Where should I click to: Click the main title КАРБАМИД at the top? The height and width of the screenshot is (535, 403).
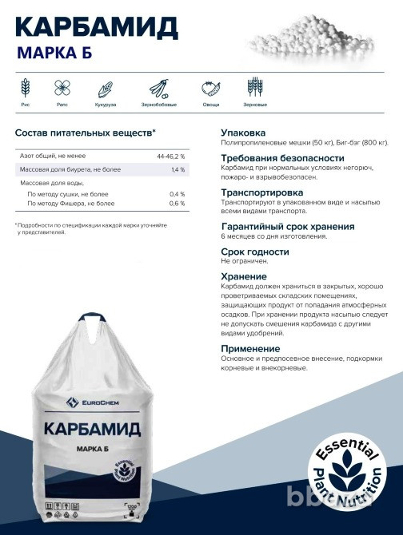[96, 27]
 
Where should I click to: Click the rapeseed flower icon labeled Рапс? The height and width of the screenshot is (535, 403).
[62, 88]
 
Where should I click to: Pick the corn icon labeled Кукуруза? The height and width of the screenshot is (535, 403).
[106, 89]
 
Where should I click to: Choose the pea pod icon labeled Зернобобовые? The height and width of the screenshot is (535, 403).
[159, 88]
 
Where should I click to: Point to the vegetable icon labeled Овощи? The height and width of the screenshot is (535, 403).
[211, 88]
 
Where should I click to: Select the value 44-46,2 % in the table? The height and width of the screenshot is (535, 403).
[170, 156]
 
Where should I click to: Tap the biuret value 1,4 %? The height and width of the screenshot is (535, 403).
[178, 169]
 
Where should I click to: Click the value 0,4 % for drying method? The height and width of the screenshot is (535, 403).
[177, 194]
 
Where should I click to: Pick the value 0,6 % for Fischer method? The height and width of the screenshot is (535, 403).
[177, 204]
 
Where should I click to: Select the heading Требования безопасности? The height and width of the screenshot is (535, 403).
[277, 157]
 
